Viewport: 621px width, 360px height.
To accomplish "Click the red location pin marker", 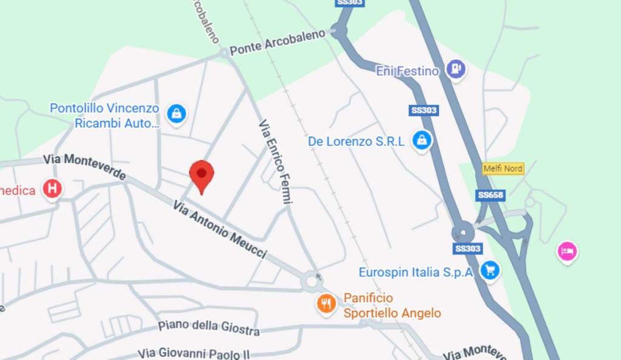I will (201, 175).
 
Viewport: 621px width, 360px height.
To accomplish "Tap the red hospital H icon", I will (52, 189).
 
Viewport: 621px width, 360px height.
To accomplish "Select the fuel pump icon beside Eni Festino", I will (455, 69).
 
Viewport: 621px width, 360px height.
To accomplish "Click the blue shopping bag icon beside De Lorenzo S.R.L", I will (421, 141).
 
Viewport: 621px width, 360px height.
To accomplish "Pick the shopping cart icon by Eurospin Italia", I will (490, 270).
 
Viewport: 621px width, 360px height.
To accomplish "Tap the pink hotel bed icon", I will (567, 250).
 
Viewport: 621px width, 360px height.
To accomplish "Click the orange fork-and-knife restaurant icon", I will (327, 304).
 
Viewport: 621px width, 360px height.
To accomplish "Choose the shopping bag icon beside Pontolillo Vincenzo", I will (176, 113).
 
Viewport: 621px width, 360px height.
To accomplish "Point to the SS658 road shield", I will (491, 195).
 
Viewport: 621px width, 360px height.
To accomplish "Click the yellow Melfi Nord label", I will (503, 168).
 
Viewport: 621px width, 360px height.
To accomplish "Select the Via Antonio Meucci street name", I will (220, 229).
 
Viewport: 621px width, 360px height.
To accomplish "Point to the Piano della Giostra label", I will (209, 327).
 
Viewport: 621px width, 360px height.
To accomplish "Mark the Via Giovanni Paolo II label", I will (193, 353).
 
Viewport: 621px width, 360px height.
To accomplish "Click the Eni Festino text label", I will (407, 72).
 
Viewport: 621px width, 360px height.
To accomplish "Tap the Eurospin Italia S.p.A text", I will (415, 272).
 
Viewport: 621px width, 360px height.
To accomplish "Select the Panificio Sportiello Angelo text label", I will (392, 305).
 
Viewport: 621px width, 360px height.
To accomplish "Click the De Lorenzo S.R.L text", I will (356, 141).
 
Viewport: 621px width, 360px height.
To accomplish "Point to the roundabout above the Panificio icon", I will (314, 281).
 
